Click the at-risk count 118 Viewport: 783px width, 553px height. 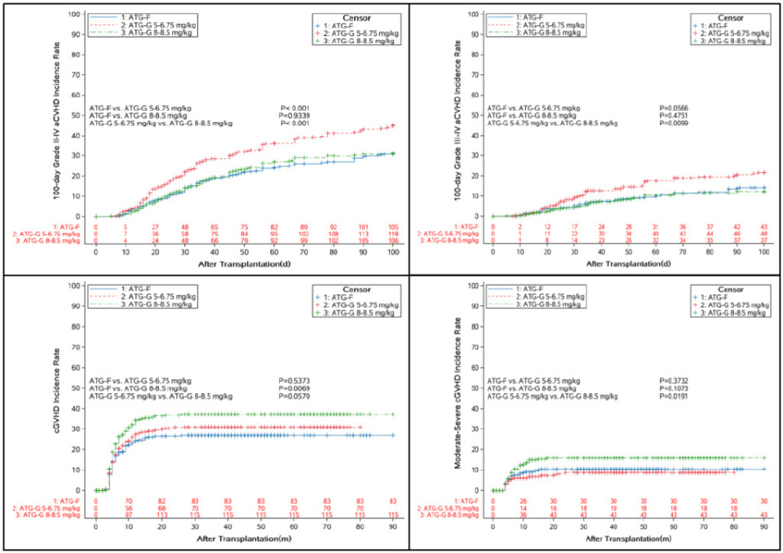click(x=393, y=234)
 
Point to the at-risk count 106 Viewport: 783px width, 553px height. click(x=393, y=241)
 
